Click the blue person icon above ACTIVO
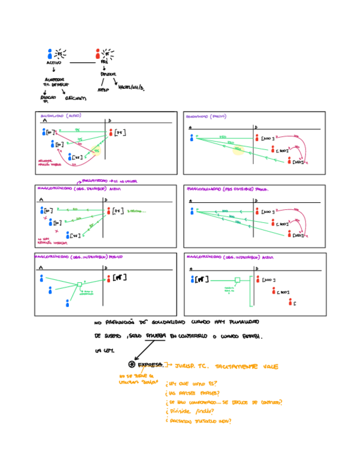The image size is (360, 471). tap(50, 53)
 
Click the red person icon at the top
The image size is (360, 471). tap(98, 53)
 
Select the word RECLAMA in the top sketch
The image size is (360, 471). tap(76, 98)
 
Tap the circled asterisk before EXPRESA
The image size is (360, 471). tap(131, 364)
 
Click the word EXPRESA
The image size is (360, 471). tap(151, 365)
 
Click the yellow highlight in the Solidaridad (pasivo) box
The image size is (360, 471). tap(238, 150)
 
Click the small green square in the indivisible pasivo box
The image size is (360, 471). tap(79, 285)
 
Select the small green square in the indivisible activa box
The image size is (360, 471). tap(237, 280)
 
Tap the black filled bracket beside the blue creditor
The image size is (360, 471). tap(202, 279)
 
